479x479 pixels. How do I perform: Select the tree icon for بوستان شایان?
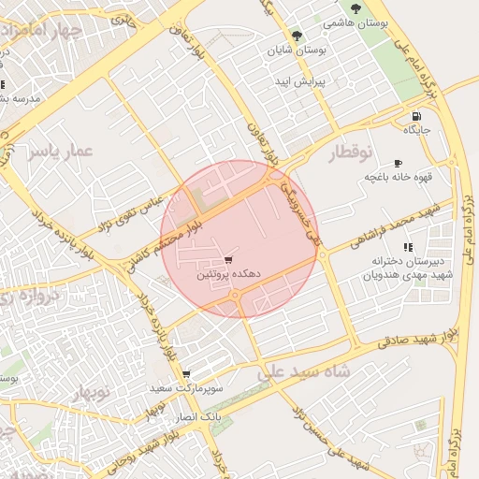pos(298,36)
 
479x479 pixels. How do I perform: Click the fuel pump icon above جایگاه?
pos(415,116)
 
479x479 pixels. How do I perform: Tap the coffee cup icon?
pos(399,162)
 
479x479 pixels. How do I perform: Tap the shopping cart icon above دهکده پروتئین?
pos(230,260)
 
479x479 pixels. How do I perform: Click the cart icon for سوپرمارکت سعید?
pos(186,372)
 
